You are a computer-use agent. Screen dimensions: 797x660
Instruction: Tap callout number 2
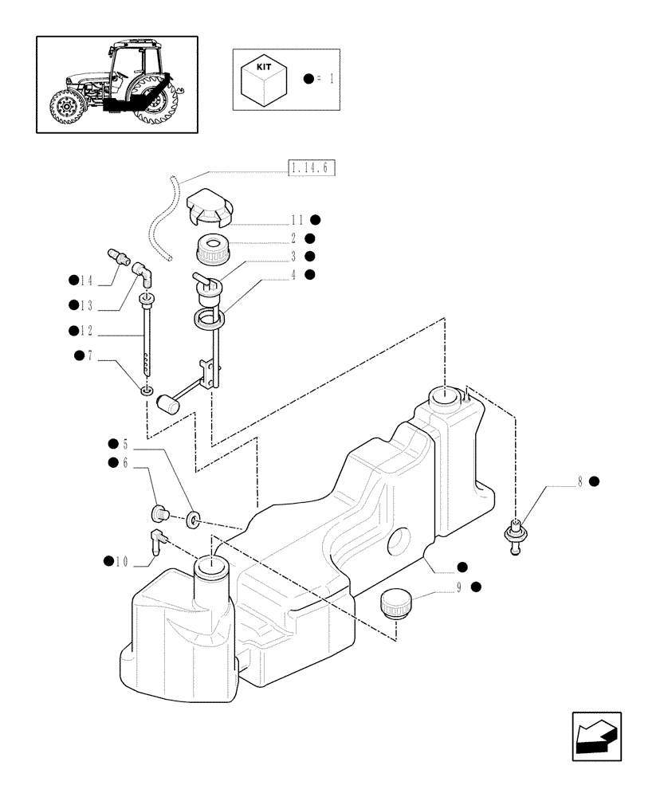click(294, 238)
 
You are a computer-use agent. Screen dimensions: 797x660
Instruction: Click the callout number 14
click(86, 280)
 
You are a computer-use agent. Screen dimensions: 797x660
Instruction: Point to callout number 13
click(86, 305)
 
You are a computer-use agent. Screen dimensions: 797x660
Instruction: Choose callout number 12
click(86, 331)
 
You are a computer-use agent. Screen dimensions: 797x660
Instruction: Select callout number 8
click(581, 481)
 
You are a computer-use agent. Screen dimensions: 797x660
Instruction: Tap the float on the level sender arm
click(168, 405)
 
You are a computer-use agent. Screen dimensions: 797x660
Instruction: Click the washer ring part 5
click(191, 520)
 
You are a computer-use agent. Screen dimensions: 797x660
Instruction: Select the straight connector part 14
click(116, 257)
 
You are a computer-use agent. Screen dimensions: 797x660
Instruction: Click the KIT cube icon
click(262, 78)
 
